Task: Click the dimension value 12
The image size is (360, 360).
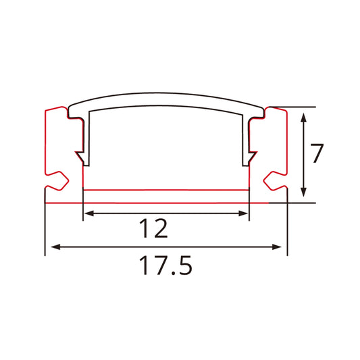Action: point(155,230)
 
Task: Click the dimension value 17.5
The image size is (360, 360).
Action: point(166,265)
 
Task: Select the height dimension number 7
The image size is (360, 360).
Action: point(318,154)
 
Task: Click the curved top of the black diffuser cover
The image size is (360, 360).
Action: point(166,97)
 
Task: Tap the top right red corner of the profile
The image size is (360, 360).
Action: point(286,109)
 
